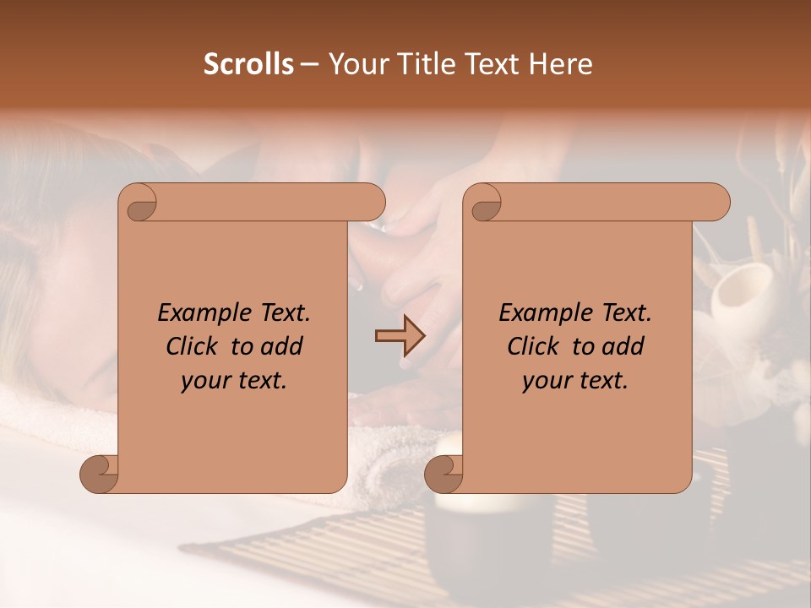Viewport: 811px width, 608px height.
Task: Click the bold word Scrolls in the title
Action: (248, 64)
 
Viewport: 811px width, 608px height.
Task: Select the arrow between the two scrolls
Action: (400, 336)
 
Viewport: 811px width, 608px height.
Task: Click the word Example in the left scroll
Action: (196, 313)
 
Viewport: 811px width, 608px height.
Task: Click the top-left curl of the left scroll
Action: (140, 205)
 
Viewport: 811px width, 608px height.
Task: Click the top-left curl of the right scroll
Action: (484, 205)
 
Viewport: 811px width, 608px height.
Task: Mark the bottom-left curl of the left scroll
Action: (99, 475)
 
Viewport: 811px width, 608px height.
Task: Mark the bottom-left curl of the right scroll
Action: (444, 475)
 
